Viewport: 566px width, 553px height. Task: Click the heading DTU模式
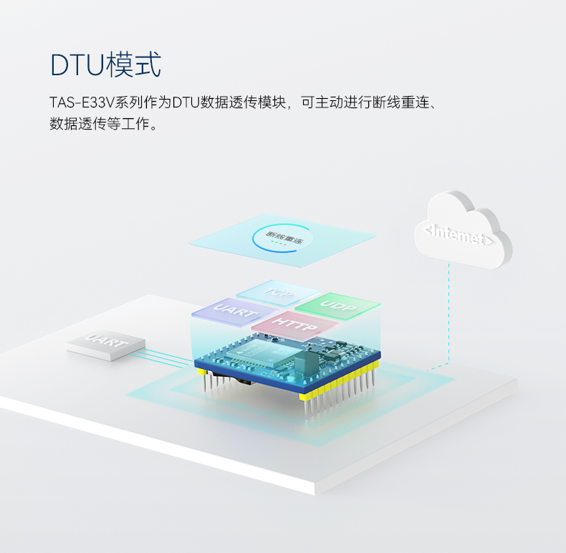coord(105,64)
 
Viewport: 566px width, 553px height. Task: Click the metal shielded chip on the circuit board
coord(266,352)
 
